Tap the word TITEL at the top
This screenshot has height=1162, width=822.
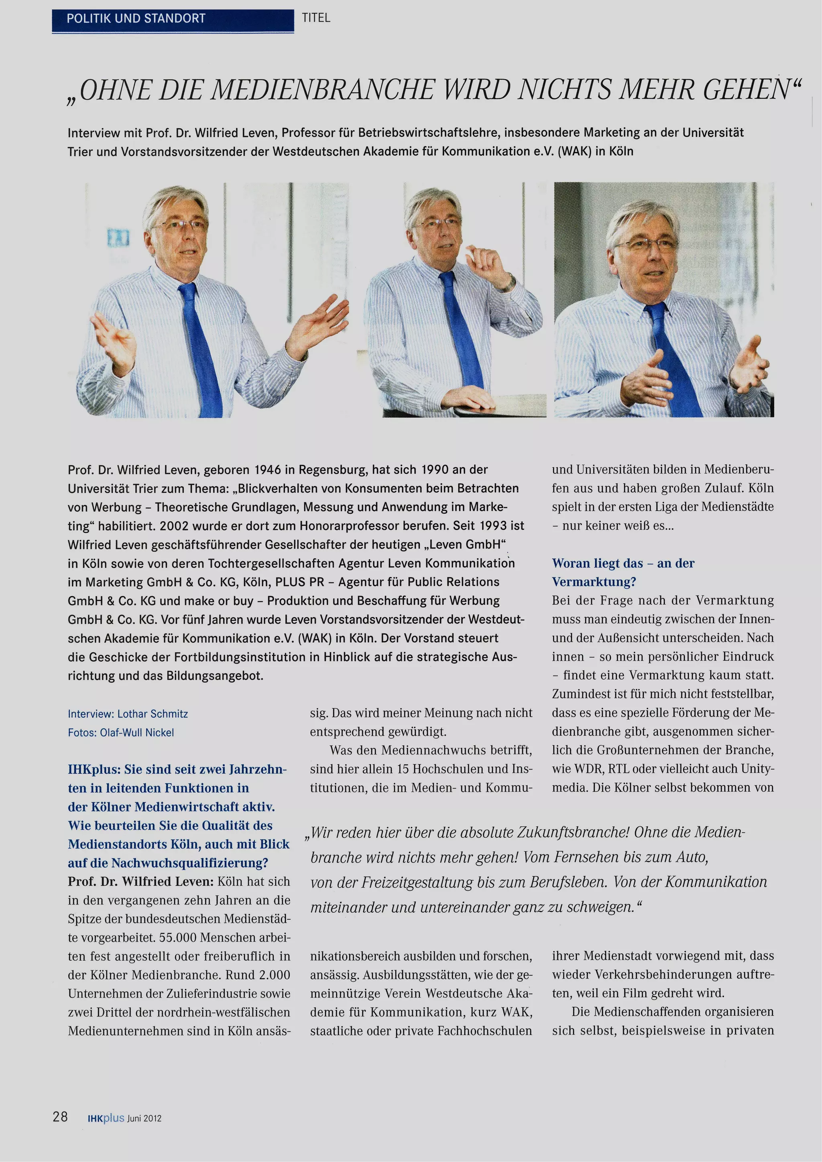point(316,18)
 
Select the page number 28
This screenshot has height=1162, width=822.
point(60,1116)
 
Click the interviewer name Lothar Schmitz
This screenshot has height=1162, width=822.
point(153,714)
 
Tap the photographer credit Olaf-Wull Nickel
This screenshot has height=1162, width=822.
point(137,732)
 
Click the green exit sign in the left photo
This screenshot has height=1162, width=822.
point(118,237)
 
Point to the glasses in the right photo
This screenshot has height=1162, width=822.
point(646,245)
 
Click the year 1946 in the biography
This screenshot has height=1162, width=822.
point(267,470)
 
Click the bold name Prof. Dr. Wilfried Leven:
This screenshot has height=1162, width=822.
point(141,882)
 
